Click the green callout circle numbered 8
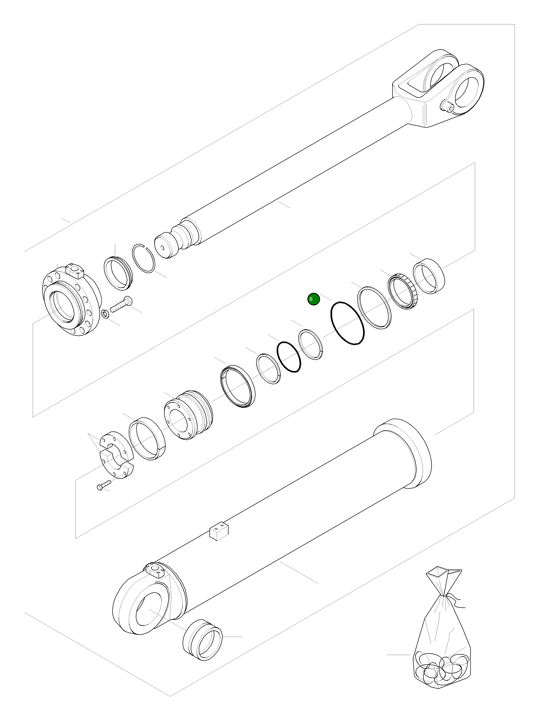313,299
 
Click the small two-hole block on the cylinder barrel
219,532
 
